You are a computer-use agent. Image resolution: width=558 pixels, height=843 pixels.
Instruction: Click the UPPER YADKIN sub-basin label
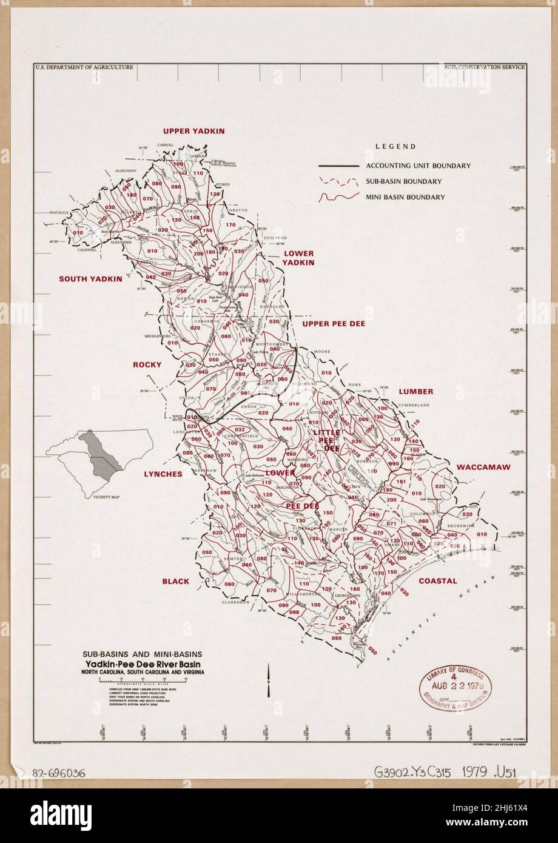193,131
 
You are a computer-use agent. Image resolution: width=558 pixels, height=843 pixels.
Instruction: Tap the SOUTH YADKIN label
90,279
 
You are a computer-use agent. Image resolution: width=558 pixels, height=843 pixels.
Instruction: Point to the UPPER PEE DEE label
334,324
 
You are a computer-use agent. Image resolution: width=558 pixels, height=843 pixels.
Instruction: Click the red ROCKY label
147,364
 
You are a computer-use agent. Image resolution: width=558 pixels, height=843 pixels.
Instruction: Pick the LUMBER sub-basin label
415,392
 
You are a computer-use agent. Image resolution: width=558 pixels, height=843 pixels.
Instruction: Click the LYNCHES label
163,474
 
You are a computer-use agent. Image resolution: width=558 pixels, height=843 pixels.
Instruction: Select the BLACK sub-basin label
175,581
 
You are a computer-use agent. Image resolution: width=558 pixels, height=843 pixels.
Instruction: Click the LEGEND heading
395,146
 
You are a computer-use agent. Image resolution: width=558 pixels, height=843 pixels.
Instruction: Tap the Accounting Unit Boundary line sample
338,166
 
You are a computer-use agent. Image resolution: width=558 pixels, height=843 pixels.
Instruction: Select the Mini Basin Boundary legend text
405,197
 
